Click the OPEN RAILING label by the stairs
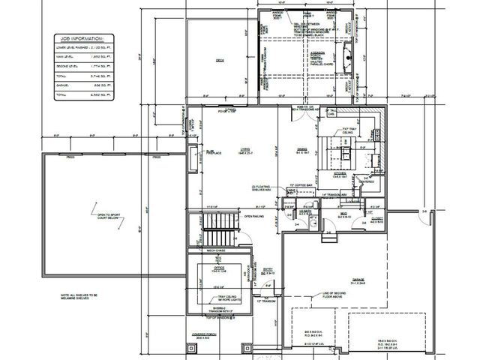253,217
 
